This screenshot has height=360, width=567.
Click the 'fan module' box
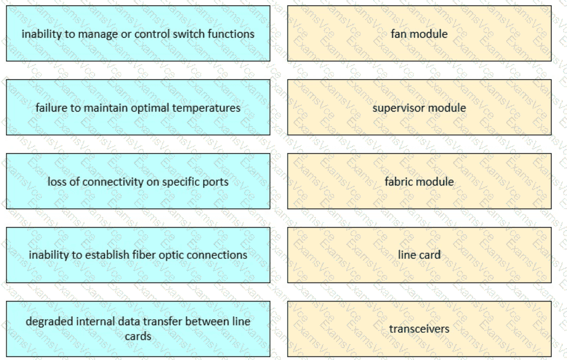pyautogui.click(x=419, y=34)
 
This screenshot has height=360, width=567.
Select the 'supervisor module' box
pyautogui.click(x=419, y=108)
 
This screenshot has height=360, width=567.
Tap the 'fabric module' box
pyautogui.click(x=419, y=181)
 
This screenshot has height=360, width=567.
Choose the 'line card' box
pyautogui.click(x=419, y=255)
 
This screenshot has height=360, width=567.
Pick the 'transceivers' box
pyautogui.click(x=419, y=329)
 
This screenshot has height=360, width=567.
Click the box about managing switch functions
pyautogui.click(x=138, y=34)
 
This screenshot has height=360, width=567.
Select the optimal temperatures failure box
pyautogui.click(x=138, y=108)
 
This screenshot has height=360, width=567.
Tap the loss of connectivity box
pyautogui.click(x=138, y=181)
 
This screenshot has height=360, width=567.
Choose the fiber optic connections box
pyautogui.click(x=138, y=255)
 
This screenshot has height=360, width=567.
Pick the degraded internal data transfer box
pyautogui.click(x=138, y=329)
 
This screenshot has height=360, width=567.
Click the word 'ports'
pyautogui.click(x=215, y=182)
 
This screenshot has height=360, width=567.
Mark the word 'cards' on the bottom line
pyautogui.click(x=138, y=336)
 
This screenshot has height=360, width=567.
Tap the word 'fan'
pyautogui.click(x=399, y=34)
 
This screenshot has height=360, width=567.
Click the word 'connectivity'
pyautogui.click(x=114, y=181)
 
